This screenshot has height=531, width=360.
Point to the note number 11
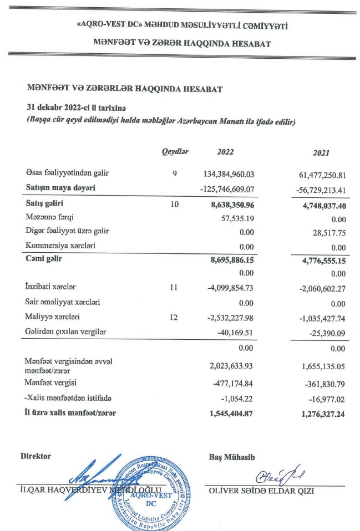pos(175,288)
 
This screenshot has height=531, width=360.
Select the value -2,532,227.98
pos(230,318)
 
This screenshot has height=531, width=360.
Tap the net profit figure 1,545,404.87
pos(230,412)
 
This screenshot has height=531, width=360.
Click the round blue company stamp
pos(150,488)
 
